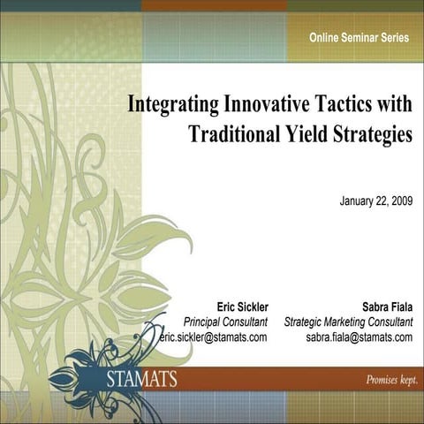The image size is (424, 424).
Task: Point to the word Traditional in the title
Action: click(231, 135)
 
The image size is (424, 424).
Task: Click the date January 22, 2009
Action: click(375, 201)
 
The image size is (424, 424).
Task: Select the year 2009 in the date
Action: click(399, 201)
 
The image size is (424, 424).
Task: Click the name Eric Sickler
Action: click(242, 307)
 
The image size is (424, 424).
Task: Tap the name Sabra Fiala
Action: click(387, 307)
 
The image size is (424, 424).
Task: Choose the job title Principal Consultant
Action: click(225, 322)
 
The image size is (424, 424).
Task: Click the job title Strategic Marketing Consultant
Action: click(348, 322)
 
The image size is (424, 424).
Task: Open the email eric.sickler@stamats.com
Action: click(214, 337)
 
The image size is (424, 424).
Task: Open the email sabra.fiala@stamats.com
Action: click(359, 337)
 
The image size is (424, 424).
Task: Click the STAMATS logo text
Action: click(140, 380)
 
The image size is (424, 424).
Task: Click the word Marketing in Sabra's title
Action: click(347, 322)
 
